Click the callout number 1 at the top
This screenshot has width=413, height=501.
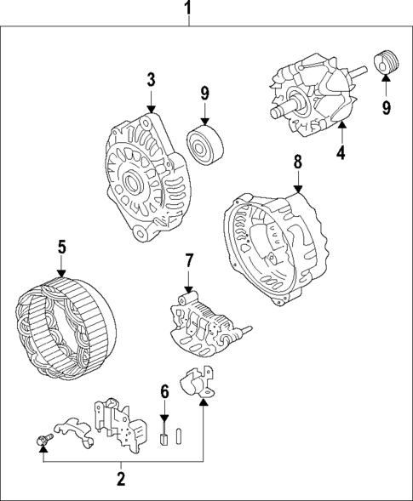click(x=188, y=11)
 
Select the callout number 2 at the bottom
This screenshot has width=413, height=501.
click(x=121, y=479)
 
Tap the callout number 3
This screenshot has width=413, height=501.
click(x=151, y=81)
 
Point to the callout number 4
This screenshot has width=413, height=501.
click(x=340, y=153)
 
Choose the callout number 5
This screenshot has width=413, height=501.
click(x=61, y=248)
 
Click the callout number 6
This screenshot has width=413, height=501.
click(x=165, y=392)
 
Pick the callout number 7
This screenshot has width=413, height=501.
click(x=189, y=261)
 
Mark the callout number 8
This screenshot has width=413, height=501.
click(x=298, y=161)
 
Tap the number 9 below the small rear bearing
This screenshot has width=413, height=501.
click(x=385, y=107)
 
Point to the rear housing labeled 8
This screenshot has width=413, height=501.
click(x=277, y=247)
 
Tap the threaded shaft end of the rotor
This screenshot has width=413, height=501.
click(x=277, y=111)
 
